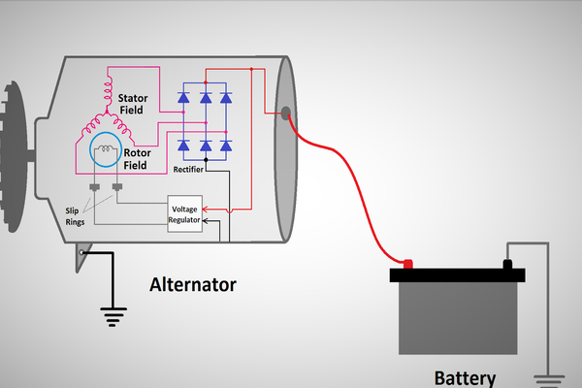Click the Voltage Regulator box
pyautogui.click(x=185, y=214)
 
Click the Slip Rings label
pyautogui.click(x=76, y=215)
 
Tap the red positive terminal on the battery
pyautogui.click(x=407, y=264)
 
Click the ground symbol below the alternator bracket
pyautogui.click(x=114, y=313)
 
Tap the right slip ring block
pyautogui.click(x=116, y=187)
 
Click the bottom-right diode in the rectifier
pyautogui.click(x=226, y=145)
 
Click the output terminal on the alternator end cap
pyautogui.click(x=285, y=113)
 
